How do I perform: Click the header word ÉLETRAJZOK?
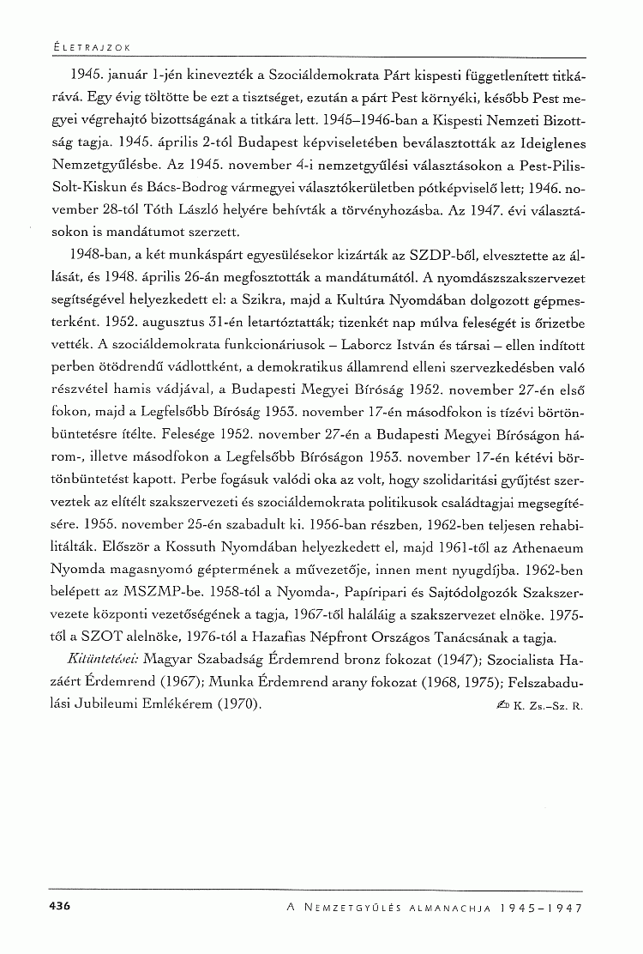pos(86,45)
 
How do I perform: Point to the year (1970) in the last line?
pos(236,703)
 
